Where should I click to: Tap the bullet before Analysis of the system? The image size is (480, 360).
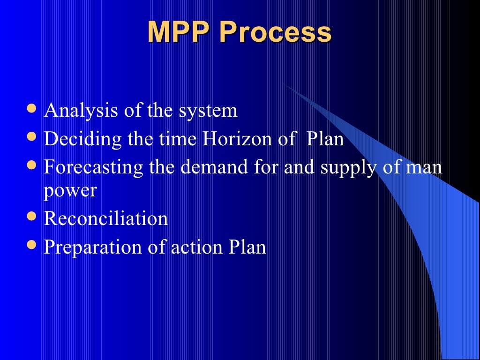point(32,109)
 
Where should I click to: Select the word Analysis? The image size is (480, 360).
point(81,112)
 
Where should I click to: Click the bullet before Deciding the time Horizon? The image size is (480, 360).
point(32,136)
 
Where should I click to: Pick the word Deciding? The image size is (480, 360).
point(76,140)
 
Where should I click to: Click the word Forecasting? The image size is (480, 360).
point(93,168)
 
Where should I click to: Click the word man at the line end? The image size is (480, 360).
point(424,167)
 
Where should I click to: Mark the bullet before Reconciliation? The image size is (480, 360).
point(32,216)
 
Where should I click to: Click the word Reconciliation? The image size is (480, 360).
point(105,218)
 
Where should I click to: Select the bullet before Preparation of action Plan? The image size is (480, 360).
point(32,244)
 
